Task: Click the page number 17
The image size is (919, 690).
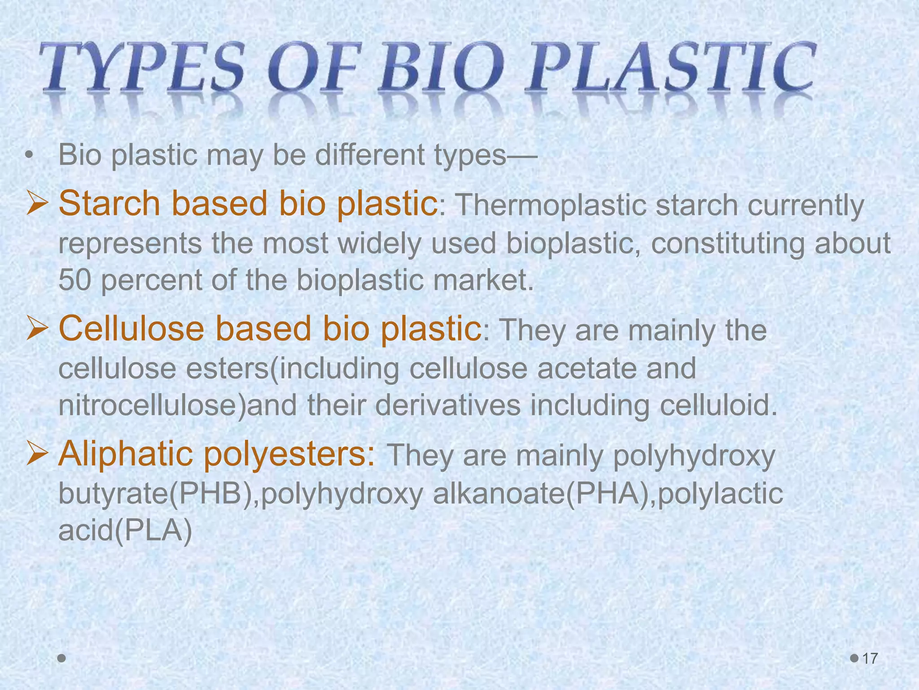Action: coord(870,659)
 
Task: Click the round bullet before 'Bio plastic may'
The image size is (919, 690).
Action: coord(30,155)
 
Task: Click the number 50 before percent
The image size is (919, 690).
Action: coord(74,280)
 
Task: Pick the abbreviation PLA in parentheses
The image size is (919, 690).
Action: coord(153,531)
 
